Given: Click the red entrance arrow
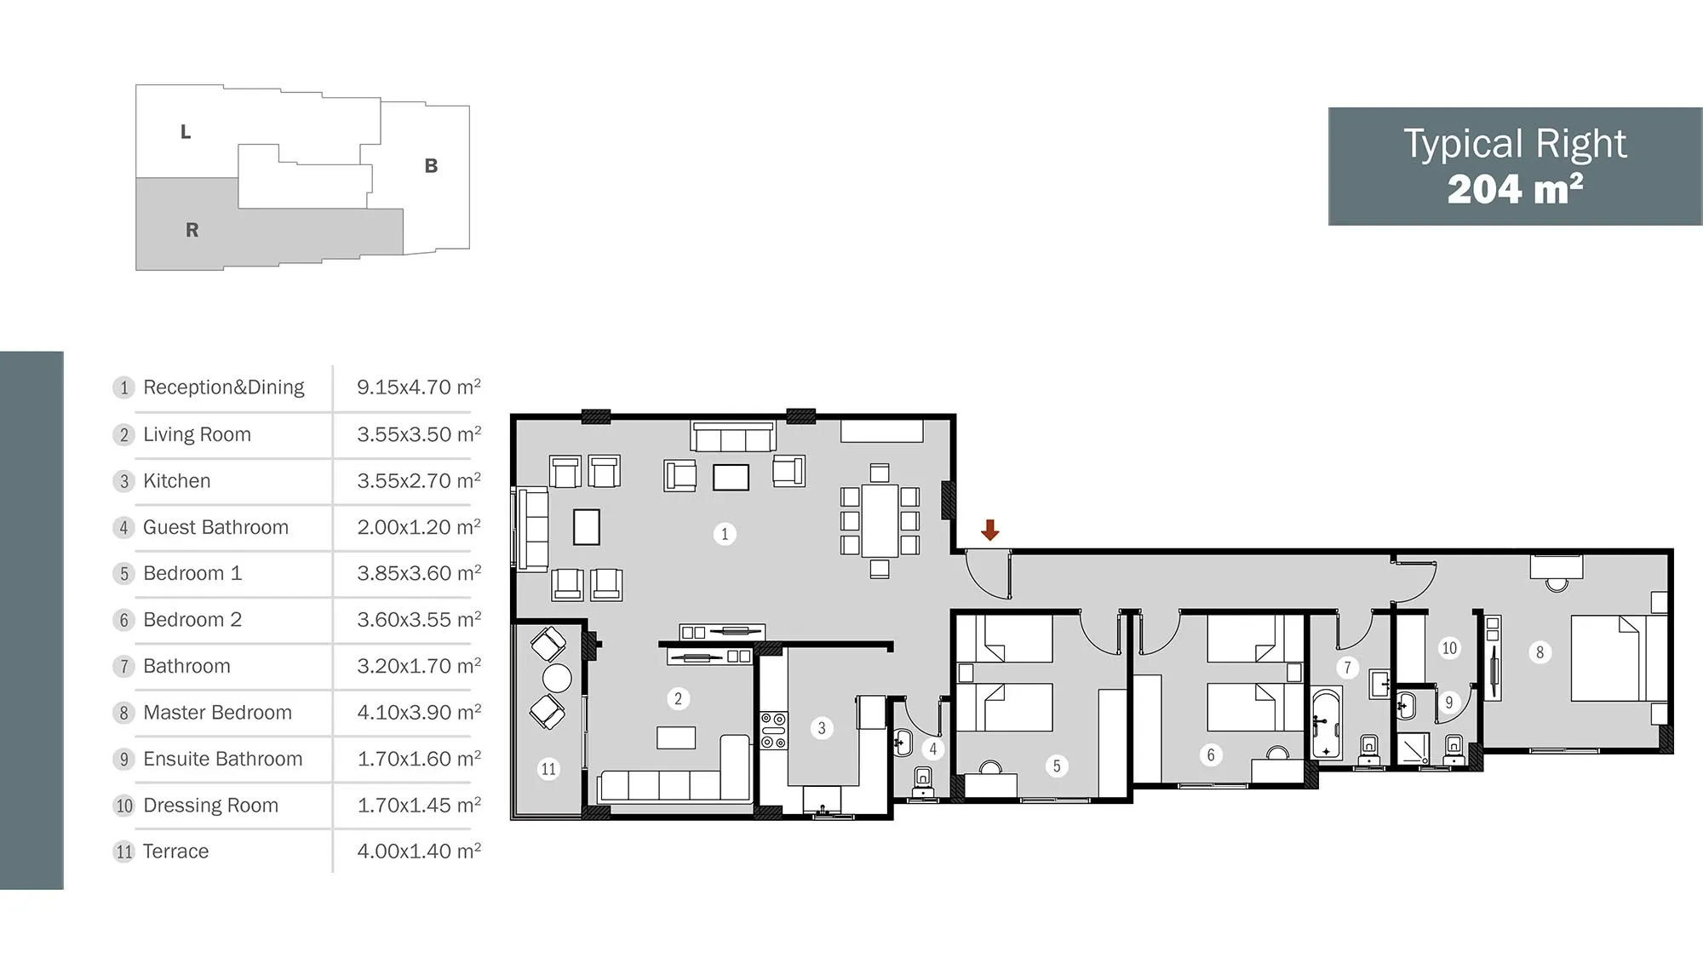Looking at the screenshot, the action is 989,530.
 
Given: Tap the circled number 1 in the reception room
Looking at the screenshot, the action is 725,534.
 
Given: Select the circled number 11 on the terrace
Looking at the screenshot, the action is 548,769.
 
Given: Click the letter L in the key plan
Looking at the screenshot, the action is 186,132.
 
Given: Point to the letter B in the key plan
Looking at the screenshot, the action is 432,166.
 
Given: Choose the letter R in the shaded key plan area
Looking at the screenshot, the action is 192,230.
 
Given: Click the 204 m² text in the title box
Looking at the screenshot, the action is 1516,189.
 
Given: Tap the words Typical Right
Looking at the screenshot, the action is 1515,144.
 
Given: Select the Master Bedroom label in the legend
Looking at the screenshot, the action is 217,712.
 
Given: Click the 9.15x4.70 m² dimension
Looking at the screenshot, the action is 419,387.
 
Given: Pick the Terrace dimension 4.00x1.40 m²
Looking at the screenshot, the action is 419,851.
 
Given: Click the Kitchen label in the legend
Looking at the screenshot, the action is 176,480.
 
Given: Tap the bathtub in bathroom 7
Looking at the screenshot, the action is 1326,724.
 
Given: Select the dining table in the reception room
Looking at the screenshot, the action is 880,520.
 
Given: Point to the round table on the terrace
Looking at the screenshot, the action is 557,678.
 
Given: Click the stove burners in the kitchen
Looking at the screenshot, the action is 774,731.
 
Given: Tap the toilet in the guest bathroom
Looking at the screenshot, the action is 923,781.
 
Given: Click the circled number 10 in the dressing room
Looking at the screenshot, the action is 1449,648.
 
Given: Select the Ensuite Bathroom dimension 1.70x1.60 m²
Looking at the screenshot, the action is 419,758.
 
